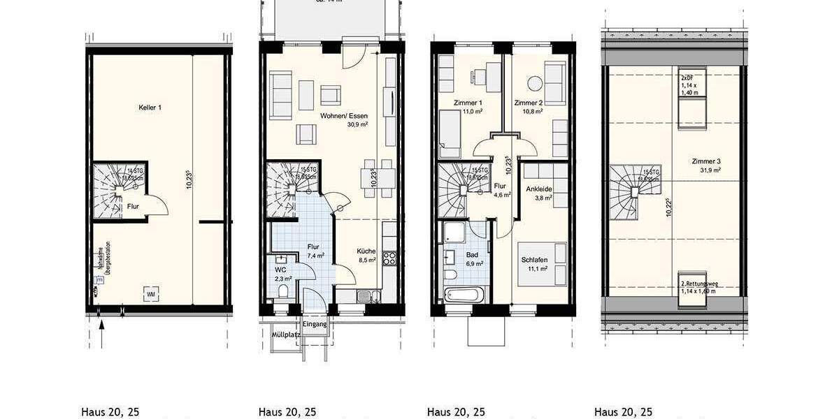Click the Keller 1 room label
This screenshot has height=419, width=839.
pyautogui.click(x=150, y=108)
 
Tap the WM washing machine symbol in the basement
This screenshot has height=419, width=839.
pyautogui.click(x=150, y=295)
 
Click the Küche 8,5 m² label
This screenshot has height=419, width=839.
pyautogui.click(x=366, y=256)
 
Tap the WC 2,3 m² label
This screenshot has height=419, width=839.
pyautogui.click(x=281, y=273)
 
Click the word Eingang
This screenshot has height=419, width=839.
pyautogui.click(x=315, y=324)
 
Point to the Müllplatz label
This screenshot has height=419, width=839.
pyautogui.click(x=286, y=335)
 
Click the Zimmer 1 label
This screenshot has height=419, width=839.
pyautogui.click(x=468, y=107)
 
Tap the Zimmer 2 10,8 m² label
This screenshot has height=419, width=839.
pyautogui.click(x=528, y=107)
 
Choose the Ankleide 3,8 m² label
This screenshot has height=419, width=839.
pyautogui.click(x=538, y=192)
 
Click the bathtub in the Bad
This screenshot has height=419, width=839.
pyautogui.click(x=462, y=294)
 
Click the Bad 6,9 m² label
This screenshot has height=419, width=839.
pyautogui.click(x=473, y=259)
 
